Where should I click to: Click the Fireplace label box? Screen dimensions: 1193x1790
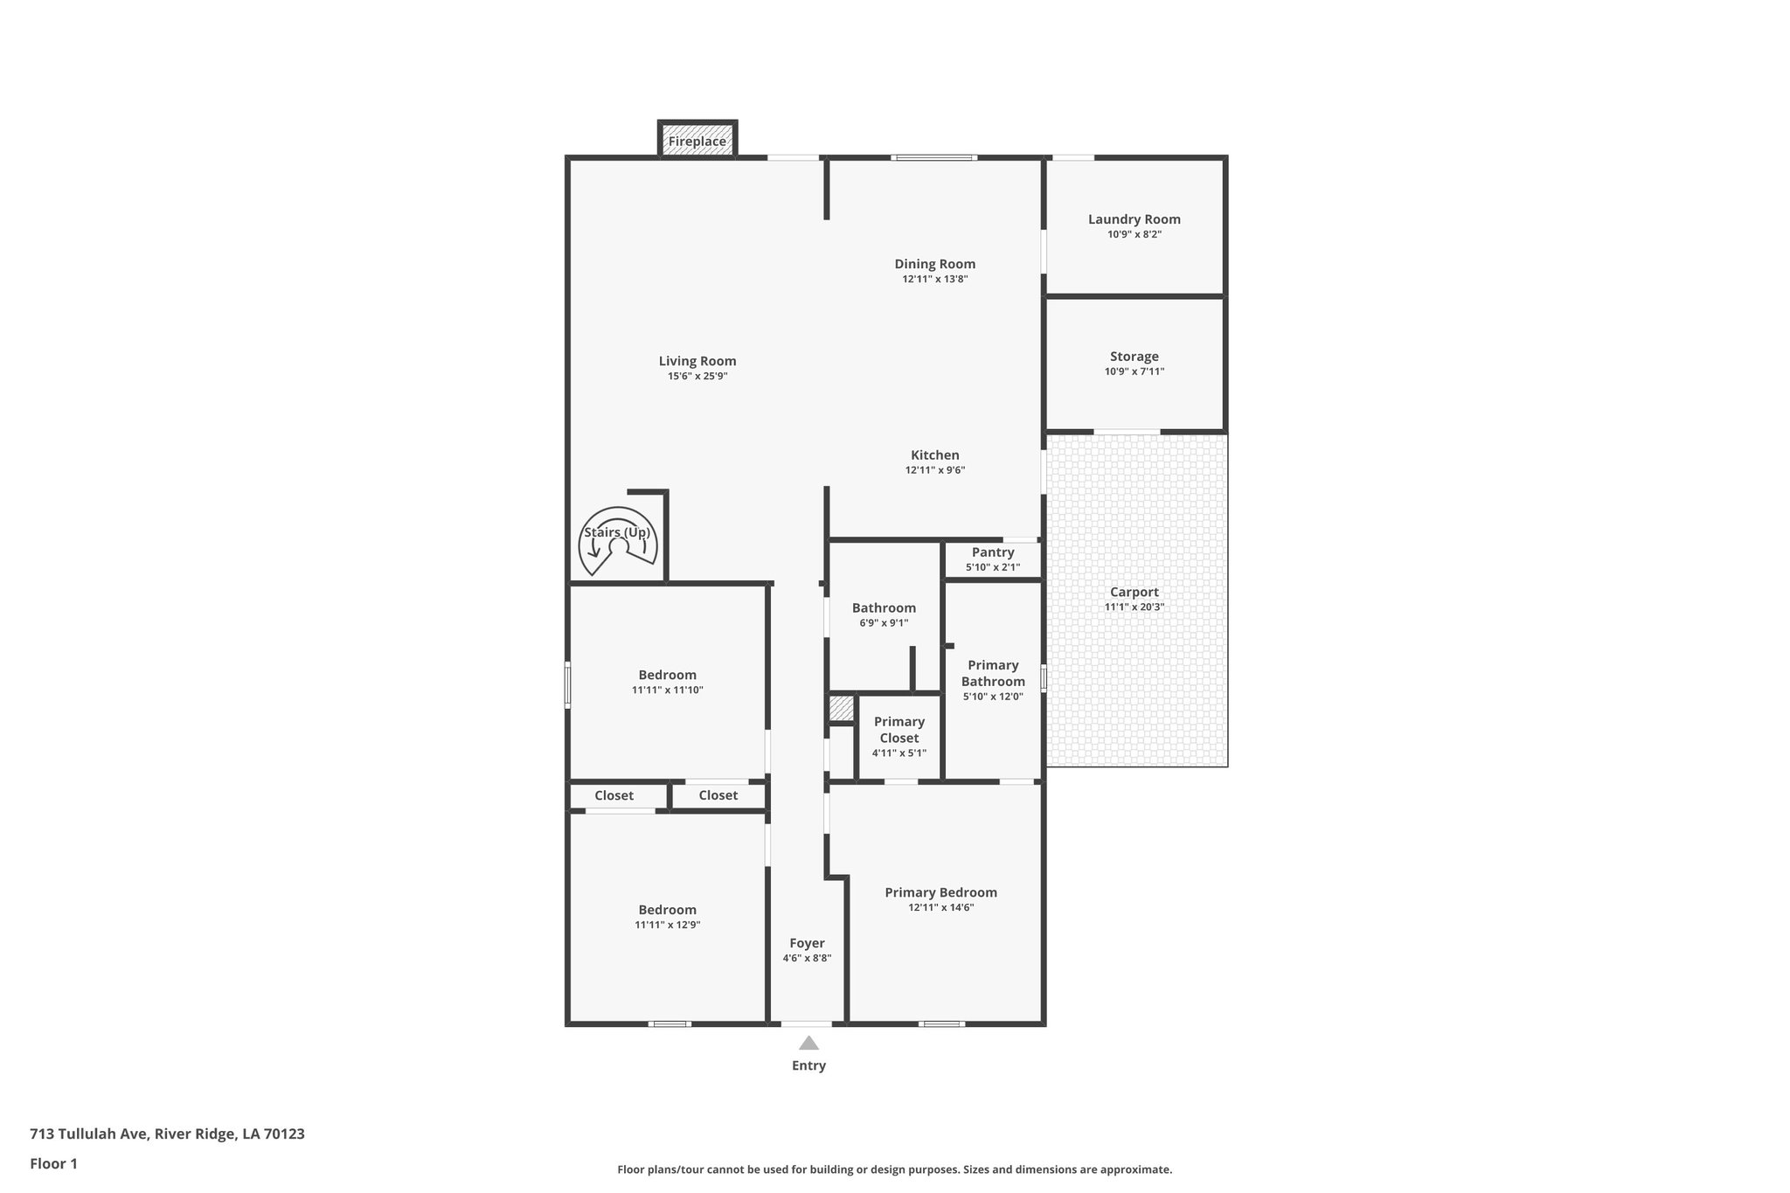coord(697,141)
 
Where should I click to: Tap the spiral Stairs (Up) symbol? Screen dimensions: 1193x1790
coord(618,542)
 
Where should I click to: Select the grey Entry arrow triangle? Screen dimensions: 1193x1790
coord(808,1043)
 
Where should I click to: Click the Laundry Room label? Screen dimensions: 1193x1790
coord(1134,219)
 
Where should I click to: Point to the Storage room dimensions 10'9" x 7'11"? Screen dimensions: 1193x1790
coord(1134,371)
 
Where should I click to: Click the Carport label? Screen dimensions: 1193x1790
coord(1134,592)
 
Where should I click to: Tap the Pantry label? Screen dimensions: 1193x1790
coord(993,552)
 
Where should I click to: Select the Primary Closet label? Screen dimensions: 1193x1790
coord(899,729)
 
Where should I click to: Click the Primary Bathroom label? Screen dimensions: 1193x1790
coord(993,673)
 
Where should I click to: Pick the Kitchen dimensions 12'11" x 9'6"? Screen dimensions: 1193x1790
coord(935,470)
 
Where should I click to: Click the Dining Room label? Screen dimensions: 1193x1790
coord(934,264)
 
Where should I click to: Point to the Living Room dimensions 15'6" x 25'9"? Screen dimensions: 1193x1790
coord(697,376)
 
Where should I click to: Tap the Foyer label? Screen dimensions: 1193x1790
coord(807,943)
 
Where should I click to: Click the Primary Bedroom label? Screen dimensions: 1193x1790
coord(940,892)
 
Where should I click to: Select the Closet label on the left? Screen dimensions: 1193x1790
coord(614,795)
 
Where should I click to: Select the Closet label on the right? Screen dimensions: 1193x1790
coord(718,795)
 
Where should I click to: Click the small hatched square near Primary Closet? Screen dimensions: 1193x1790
coord(841,708)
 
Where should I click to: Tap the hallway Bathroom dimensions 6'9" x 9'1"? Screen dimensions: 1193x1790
coord(884,623)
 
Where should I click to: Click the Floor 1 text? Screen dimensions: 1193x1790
coord(53,1163)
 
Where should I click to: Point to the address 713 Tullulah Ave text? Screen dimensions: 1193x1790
coord(167,1134)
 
